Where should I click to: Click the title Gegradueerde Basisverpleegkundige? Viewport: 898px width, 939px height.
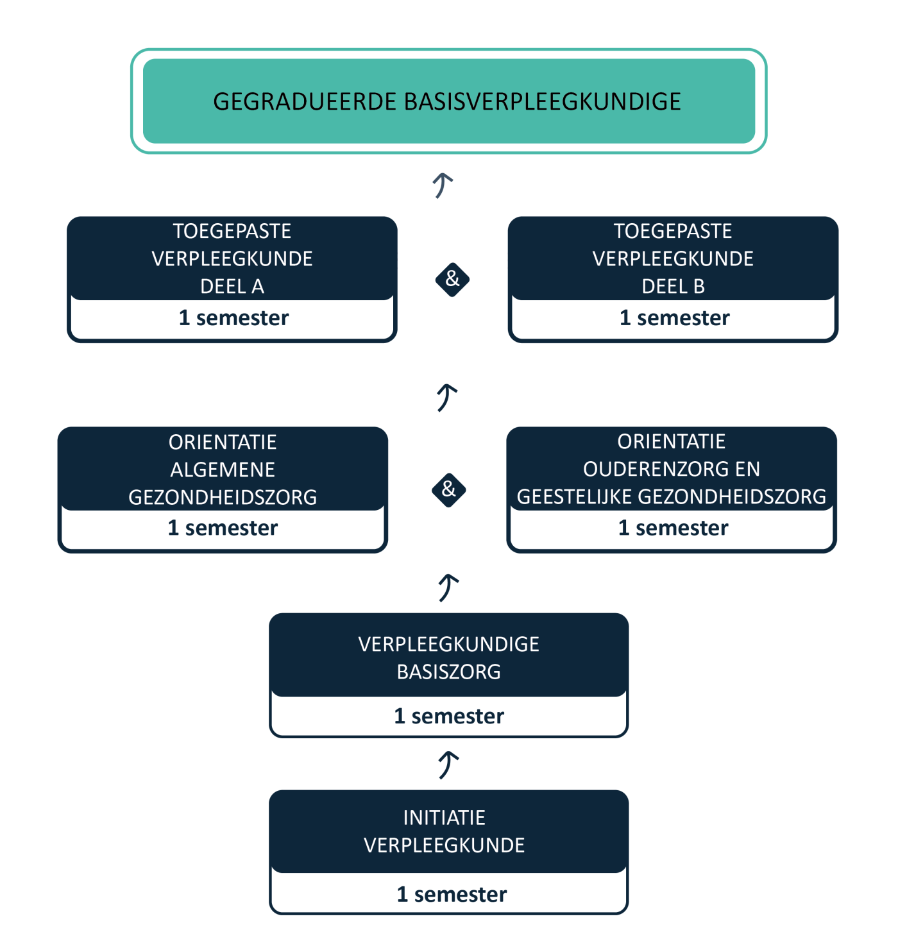pos(447,102)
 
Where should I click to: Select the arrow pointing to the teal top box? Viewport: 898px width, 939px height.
pos(443,185)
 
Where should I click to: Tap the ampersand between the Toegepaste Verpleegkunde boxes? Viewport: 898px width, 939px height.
pos(452,279)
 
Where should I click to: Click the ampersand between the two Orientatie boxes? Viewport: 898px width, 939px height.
pos(448,489)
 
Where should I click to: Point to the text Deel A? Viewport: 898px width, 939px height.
pos(232,287)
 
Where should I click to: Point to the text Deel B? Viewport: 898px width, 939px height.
pos(673,287)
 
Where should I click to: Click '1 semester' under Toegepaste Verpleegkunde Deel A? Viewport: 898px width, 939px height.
pos(233,318)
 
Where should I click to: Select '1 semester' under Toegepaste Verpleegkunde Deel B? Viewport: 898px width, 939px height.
pos(674,318)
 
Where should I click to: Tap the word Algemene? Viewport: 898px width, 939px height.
pos(223,470)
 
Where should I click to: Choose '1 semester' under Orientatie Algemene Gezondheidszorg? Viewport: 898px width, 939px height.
pos(223,528)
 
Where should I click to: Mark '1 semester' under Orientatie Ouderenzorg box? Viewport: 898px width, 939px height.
pos(673,528)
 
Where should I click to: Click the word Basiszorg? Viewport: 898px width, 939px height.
pos(448,672)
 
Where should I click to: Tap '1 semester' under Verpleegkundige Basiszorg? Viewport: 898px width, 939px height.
pos(449,716)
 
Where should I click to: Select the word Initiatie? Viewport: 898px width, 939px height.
pos(444,818)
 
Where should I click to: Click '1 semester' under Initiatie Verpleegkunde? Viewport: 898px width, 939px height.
pos(452,895)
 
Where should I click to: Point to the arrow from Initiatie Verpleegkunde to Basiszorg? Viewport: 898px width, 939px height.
pos(448,765)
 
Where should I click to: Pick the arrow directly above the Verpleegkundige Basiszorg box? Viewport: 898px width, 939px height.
pos(448,588)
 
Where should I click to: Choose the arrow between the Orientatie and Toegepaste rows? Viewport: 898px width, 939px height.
pos(446,398)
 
